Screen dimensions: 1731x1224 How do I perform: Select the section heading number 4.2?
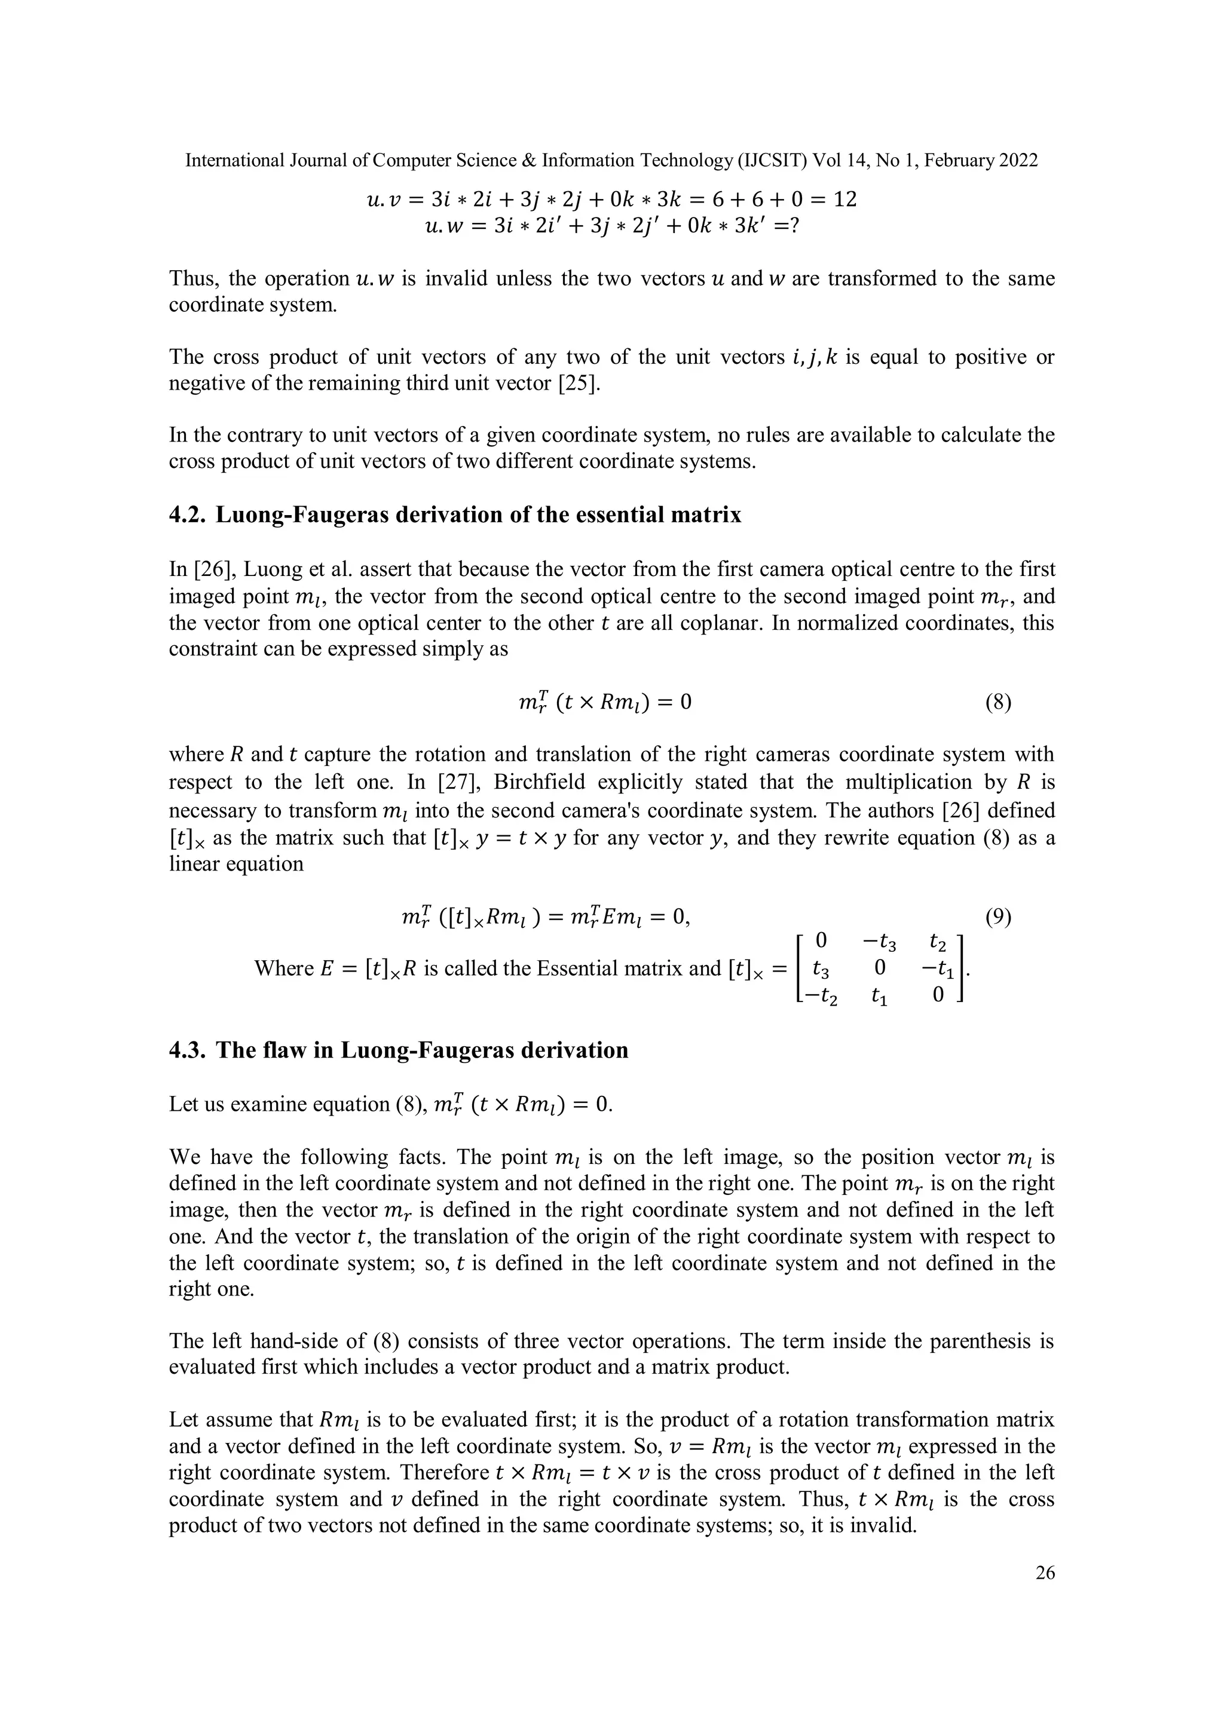[x=188, y=515]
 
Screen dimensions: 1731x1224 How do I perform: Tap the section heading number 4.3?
[x=188, y=1050]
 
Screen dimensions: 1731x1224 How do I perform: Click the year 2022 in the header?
[x=1019, y=161]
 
